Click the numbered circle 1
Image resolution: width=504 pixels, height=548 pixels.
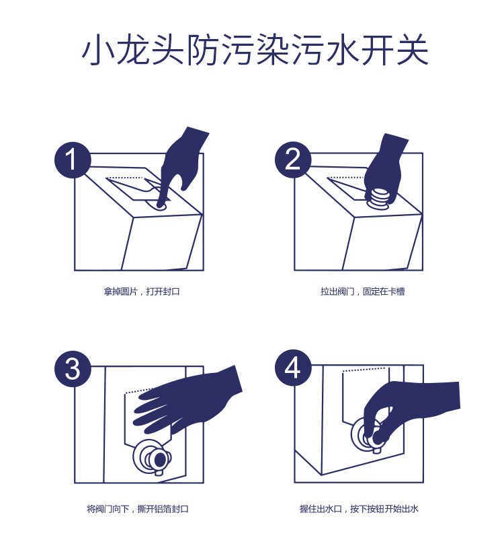[73, 160]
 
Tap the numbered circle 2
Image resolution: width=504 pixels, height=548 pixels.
[293, 160]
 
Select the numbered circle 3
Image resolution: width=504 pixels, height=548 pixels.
[73, 368]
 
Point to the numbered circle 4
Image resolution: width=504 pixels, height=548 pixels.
[293, 368]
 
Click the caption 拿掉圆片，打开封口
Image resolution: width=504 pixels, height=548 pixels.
[142, 292]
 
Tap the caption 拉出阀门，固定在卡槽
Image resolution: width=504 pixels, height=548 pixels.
[363, 292]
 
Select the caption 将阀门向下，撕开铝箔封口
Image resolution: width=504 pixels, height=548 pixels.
[138, 508]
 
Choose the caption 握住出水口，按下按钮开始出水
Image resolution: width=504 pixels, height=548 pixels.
[359, 508]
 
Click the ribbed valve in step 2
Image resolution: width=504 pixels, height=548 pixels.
[378, 201]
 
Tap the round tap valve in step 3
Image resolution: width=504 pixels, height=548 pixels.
[153, 457]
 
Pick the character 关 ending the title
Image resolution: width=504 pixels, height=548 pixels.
[413, 49]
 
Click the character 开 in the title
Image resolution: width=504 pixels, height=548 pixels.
[378, 49]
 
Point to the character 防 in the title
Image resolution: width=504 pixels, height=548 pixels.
[204, 49]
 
